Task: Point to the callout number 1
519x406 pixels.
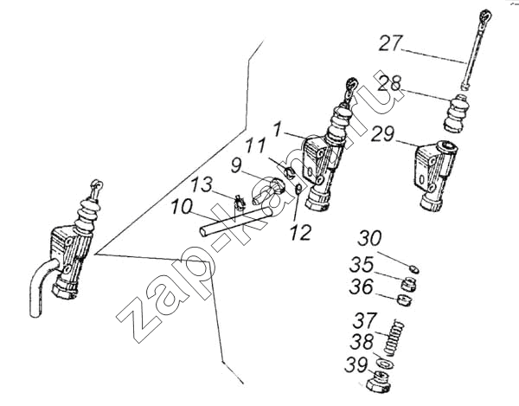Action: tap(278, 130)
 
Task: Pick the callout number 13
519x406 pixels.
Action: tap(200, 185)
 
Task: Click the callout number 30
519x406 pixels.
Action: tap(369, 240)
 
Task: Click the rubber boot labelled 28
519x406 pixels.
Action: tap(457, 113)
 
